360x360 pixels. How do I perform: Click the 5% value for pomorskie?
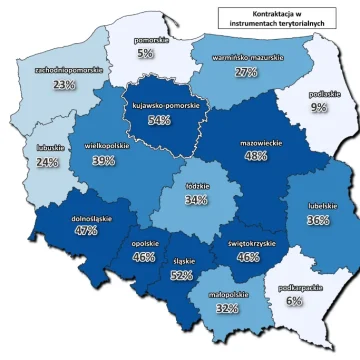146,53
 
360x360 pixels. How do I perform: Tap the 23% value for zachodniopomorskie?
65,85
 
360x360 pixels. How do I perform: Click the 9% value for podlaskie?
318,107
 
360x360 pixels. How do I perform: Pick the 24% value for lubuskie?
48,161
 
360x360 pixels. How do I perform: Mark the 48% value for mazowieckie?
256,156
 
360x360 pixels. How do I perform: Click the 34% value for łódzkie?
196,199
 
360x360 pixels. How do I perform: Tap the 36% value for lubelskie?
319,219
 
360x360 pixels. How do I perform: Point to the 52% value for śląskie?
182,274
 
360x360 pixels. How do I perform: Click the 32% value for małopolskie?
227,309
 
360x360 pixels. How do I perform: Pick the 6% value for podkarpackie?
294,300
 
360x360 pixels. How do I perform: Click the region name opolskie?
143,242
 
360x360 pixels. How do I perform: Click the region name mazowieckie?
256,142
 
